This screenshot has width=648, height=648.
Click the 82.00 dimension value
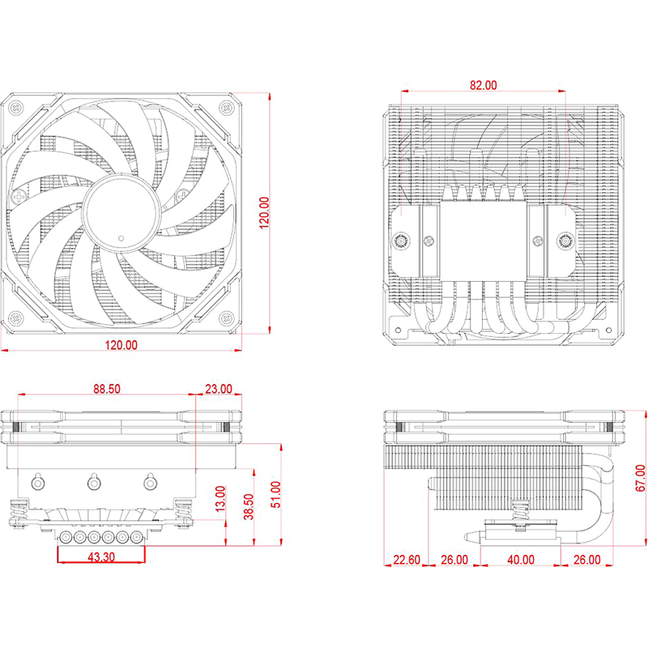(x=484, y=84)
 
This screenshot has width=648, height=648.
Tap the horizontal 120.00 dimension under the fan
(x=121, y=345)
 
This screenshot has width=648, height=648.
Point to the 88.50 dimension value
(x=106, y=389)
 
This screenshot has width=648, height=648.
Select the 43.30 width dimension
(x=100, y=558)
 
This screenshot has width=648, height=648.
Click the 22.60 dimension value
(x=406, y=559)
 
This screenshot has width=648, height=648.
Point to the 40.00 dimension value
(x=521, y=559)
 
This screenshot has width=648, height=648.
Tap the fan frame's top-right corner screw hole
(x=224, y=105)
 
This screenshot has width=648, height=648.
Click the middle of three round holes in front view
(x=93, y=483)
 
